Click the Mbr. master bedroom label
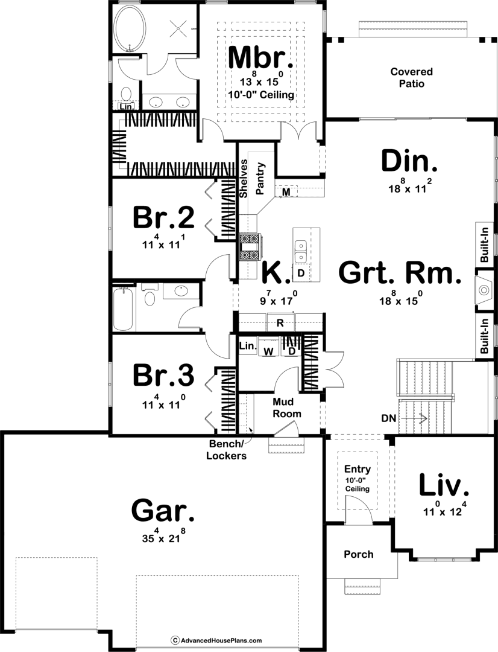click(x=261, y=57)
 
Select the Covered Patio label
click(x=412, y=77)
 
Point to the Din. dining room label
click(x=409, y=161)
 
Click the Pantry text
click(x=260, y=178)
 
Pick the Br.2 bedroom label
click(x=163, y=217)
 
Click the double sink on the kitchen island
click(x=300, y=252)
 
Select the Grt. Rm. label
click(x=400, y=273)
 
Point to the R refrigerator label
click(x=280, y=323)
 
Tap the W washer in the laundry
click(x=269, y=351)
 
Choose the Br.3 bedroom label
click(x=163, y=375)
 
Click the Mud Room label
click(x=286, y=407)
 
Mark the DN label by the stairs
click(x=389, y=418)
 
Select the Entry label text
click(x=357, y=469)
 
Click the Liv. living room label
click(x=444, y=485)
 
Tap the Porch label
click(x=359, y=554)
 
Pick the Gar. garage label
click(x=163, y=511)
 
